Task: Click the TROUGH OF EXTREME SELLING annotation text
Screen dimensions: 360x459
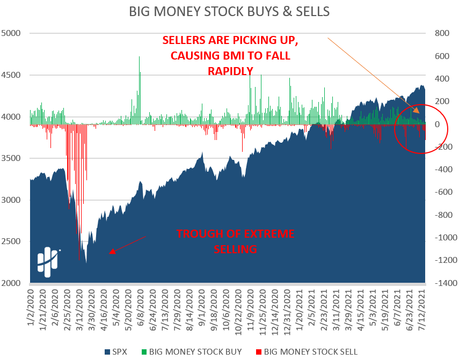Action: tap(236, 241)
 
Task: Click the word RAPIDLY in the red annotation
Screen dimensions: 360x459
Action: tap(230, 70)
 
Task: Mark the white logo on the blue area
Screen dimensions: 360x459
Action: tap(48, 261)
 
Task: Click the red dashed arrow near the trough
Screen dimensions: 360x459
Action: tap(128, 244)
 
